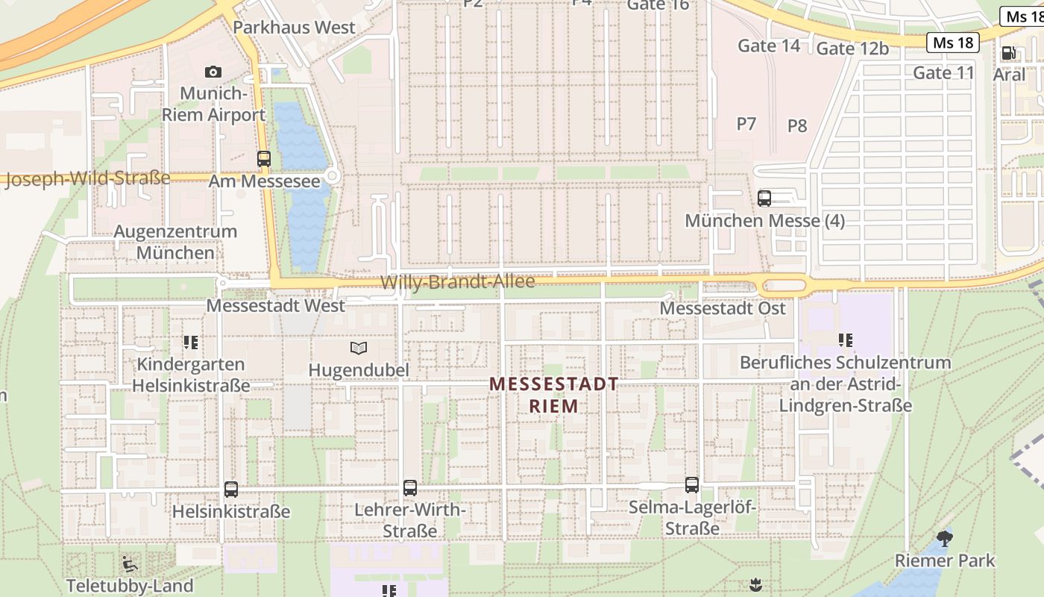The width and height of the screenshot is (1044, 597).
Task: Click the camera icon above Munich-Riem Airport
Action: coord(213,72)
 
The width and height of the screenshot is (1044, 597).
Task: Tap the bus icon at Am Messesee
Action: coord(264,158)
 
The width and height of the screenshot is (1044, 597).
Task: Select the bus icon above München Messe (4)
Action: coord(764,198)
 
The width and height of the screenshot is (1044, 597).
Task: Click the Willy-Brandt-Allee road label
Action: coord(458,282)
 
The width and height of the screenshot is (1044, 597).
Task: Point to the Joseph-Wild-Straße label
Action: coord(88,179)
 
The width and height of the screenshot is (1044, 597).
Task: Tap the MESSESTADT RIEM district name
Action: coord(554,395)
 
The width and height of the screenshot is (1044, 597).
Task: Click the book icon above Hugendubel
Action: coord(359,348)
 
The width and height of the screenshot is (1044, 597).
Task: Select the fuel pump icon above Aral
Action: coord(1009,53)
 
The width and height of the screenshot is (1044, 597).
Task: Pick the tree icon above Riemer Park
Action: coord(945,538)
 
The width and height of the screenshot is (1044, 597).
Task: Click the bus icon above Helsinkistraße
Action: coord(231,490)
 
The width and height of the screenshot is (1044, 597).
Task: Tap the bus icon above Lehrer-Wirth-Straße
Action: coord(410,488)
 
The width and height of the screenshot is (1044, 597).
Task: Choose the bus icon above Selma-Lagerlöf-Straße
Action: coord(692,485)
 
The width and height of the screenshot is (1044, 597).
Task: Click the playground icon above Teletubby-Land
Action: coord(130,563)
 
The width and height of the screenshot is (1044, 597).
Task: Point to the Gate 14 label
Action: coord(769,46)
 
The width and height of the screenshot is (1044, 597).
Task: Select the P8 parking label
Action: coord(797,125)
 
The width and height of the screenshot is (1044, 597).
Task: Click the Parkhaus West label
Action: coord(294,28)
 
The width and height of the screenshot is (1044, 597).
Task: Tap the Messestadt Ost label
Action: coord(723,308)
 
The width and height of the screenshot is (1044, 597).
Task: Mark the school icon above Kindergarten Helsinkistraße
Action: coord(191,343)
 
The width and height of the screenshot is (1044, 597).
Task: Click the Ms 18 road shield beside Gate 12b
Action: coord(953,43)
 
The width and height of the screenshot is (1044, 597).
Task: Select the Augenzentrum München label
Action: coord(175,242)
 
